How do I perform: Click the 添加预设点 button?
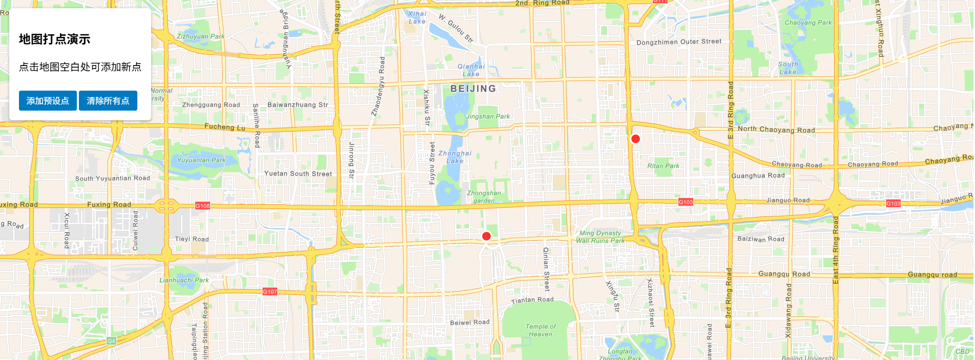(x=48, y=101)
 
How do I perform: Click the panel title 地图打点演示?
(x=54, y=39)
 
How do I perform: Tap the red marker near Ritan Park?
(x=635, y=139)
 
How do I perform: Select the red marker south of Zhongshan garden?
(x=486, y=236)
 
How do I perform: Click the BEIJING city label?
(x=473, y=89)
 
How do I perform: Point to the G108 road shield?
(x=202, y=206)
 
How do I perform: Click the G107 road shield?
(x=270, y=292)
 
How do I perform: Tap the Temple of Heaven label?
(x=541, y=330)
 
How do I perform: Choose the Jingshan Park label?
(x=488, y=117)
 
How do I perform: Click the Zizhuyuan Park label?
(x=200, y=36)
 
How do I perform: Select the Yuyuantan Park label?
(x=201, y=160)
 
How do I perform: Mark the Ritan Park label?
(x=663, y=166)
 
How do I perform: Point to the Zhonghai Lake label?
(x=454, y=157)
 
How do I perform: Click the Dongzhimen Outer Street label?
(x=679, y=42)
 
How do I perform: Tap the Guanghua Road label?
(x=758, y=176)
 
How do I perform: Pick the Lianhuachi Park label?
(x=184, y=280)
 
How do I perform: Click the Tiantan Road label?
(x=532, y=300)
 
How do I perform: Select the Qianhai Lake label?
(x=471, y=70)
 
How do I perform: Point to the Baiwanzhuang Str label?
(x=298, y=105)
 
